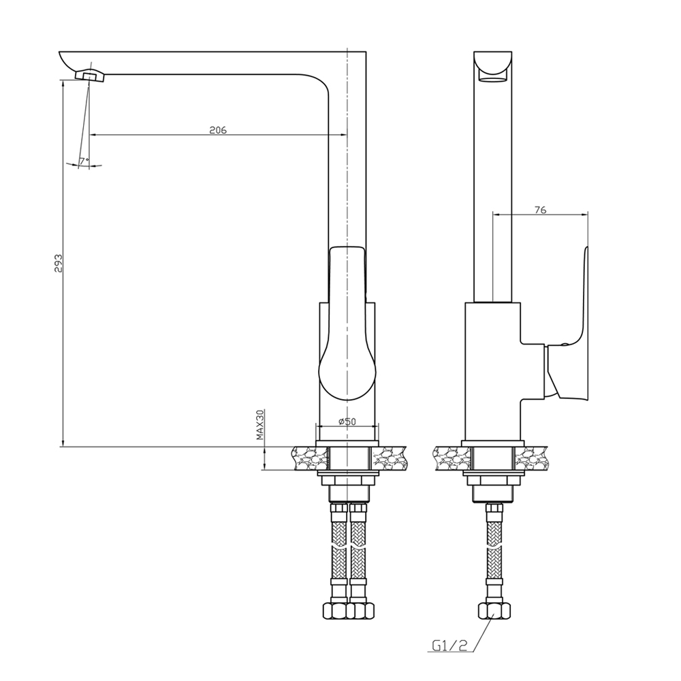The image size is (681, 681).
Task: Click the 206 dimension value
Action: click(218, 130)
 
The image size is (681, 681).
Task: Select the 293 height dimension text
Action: click(58, 263)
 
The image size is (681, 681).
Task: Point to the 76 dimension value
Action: click(540, 210)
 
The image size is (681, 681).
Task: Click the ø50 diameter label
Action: click(347, 422)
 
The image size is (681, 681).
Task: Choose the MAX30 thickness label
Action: click(259, 425)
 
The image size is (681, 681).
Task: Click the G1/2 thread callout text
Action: click(450, 646)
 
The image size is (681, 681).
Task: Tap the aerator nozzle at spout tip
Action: click(91, 76)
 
